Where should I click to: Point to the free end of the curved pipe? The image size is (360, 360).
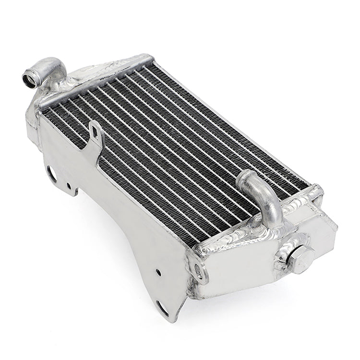pos(245,178)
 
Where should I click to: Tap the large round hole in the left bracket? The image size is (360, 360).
pos(51,173)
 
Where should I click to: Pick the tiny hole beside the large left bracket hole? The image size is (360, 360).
pos(69,185)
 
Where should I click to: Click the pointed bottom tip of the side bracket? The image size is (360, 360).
pos(176,319)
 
